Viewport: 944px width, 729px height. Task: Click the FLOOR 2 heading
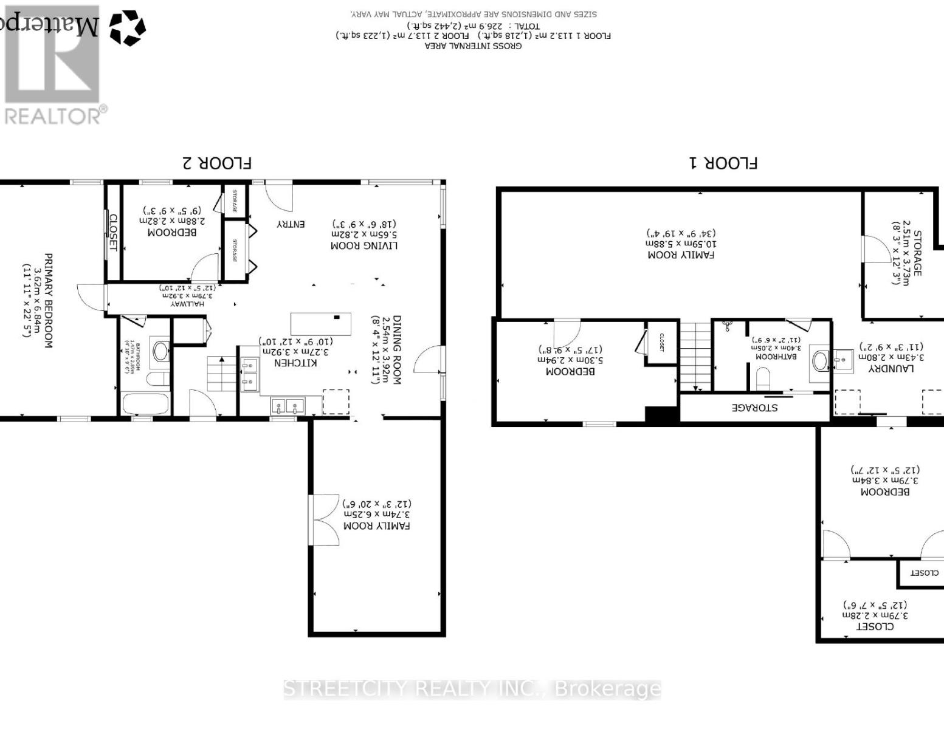click(217, 163)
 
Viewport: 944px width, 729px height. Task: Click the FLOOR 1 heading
click(723, 163)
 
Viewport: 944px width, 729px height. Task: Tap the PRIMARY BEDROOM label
click(48, 301)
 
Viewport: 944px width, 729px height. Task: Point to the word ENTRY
click(291, 224)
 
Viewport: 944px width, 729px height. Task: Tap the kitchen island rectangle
click(320, 324)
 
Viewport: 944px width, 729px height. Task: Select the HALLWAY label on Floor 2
click(187, 303)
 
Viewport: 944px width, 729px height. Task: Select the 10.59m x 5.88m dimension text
click(681, 244)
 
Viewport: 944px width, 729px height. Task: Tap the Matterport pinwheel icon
click(127, 28)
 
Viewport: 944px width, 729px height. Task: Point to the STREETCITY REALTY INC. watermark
click(472, 689)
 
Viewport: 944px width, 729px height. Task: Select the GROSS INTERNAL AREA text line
click(473, 46)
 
